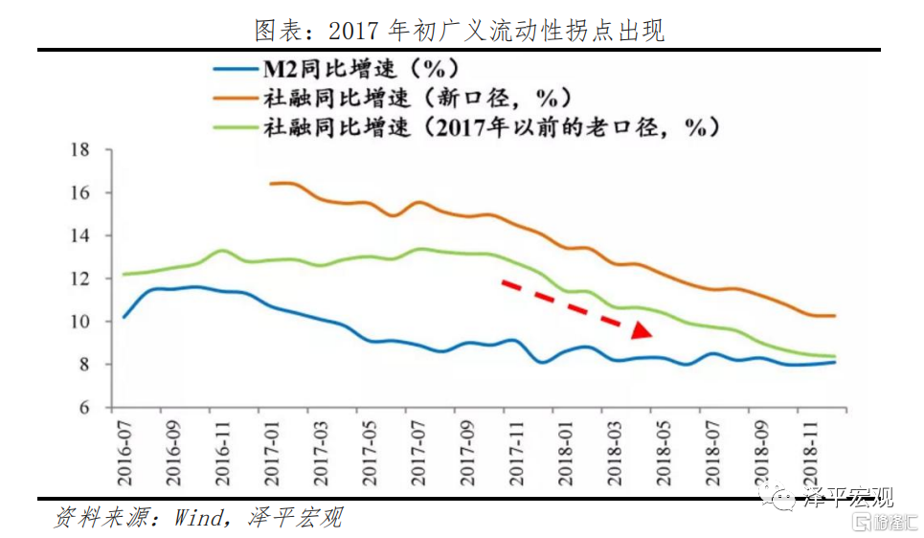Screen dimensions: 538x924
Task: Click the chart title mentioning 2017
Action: coord(460,30)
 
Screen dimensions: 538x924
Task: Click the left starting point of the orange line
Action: coord(271,183)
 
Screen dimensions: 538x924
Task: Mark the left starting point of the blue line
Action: coord(124,317)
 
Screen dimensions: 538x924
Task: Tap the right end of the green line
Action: coord(834,356)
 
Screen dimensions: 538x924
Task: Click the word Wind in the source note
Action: coord(196,518)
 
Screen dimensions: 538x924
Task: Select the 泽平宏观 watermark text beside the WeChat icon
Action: coord(848,498)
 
